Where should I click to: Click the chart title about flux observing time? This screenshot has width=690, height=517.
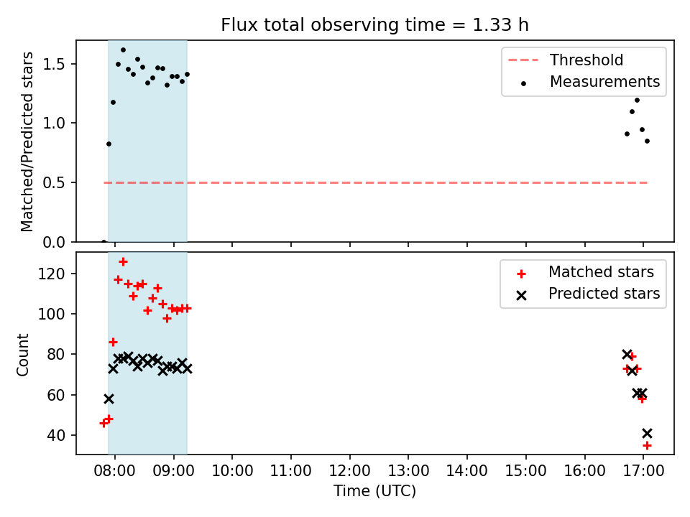(x=374, y=25)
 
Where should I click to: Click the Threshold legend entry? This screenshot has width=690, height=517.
(x=566, y=60)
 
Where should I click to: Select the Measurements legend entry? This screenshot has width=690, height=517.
(x=590, y=82)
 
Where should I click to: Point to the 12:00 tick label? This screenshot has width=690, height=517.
(x=349, y=470)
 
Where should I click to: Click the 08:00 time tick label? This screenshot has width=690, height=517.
(x=115, y=470)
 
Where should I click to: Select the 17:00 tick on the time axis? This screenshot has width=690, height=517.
(x=643, y=470)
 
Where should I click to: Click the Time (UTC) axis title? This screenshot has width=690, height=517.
(x=374, y=490)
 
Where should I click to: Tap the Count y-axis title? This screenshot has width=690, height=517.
(x=23, y=355)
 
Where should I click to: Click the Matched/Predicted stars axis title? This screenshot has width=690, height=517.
(x=27, y=141)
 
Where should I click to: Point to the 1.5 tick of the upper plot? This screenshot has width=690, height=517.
(x=54, y=64)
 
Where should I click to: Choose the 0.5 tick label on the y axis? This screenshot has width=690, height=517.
(x=54, y=182)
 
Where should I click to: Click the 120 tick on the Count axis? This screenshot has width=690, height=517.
(x=52, y=274)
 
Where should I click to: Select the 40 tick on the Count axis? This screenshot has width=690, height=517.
(x=56, y=435)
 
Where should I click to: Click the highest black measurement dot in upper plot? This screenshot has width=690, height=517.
(x=123, y=50)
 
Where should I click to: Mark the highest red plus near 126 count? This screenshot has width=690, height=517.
(x=123, y=262)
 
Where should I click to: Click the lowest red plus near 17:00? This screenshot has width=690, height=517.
(x=647, y=446)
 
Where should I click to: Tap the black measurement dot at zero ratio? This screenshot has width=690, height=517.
(x=103, y=241)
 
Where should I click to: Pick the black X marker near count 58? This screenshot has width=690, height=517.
(x=109, y=399)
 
